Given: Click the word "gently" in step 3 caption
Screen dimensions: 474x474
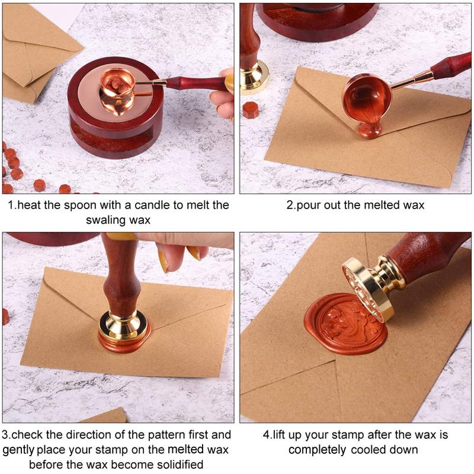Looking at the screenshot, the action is click(x=18, y=450).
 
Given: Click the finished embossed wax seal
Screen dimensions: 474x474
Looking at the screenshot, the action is click(x=347, y=324).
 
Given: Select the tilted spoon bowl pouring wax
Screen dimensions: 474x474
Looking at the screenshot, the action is click(x=366, y=98).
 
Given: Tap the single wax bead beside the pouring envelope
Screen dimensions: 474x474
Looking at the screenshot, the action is click(x=251, y=110).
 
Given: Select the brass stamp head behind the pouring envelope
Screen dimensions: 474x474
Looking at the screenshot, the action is click(x=255, y=77).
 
